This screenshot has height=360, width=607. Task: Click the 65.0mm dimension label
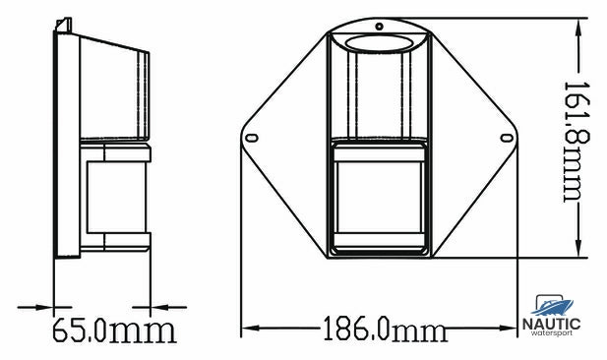(x=114, y=330)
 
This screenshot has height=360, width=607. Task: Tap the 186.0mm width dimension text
(x=385, y=329)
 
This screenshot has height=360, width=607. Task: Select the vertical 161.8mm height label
(x=577, y=142)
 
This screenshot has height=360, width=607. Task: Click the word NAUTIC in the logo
(x=552, y=324)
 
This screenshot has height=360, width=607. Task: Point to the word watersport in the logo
(x=552, y=332)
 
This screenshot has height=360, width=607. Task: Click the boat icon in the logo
(x=553, y=306)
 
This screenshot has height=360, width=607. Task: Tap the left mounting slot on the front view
(x=252, y=138)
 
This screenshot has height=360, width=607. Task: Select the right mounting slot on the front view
(x=507, y=138)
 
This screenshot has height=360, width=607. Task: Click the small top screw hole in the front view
(x=380, y=27)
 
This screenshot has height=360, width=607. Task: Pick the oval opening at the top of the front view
(x=380, y=43)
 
